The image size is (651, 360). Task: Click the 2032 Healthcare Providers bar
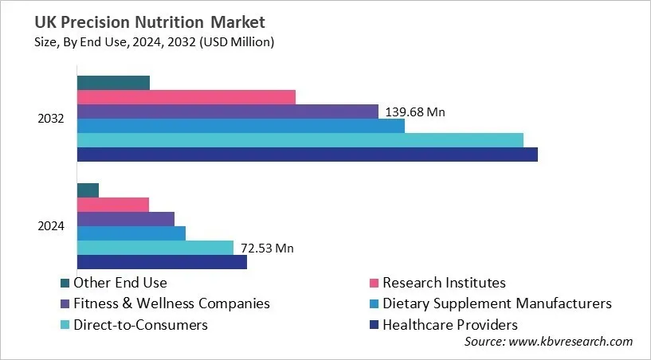click(x=307, y=155)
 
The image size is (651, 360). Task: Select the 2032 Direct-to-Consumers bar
click(x=300, y=140)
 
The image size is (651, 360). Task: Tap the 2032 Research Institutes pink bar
click(x=186, y=97)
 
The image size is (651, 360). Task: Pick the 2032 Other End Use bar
click(x=113, y=83)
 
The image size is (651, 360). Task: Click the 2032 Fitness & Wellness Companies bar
click(x=227, y=112)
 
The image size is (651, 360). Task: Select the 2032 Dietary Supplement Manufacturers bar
click(x=241, y=126)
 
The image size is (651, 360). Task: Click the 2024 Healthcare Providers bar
click(x=162, y=262)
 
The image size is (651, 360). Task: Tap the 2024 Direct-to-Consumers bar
click(x=155, y=248)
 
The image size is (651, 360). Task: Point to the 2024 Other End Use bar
click(x=88, y=190)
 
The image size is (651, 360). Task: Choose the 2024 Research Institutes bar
click(x=112, y=205)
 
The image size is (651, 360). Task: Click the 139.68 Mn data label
click(x=415, y=112)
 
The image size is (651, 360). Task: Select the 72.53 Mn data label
click(x=267, y=248)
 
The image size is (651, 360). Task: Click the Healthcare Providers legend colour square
click(x=373, y=325)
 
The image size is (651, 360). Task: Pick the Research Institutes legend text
click(x=444, y=282)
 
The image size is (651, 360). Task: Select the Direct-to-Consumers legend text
click(x=140, y=325)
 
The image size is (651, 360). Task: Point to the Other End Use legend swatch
click(x=65, y=283)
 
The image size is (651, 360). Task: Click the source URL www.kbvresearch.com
click(x=570, y=341)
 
